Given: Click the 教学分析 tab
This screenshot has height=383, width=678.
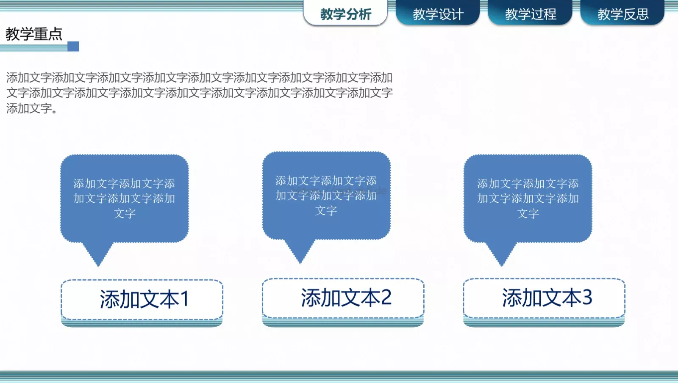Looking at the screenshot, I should coord(345,14).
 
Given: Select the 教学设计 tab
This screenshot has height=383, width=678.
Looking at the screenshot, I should coord(438,14).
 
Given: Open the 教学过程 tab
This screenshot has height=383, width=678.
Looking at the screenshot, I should coord(530,14).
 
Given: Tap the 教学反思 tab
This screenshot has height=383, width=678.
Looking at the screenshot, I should coord(622,14).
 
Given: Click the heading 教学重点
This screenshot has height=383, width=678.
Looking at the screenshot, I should coord(34,34).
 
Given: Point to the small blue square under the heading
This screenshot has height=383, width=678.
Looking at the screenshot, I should coord(73,46).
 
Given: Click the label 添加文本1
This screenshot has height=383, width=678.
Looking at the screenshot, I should coord(144,299).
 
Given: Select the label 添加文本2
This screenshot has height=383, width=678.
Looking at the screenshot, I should coord(346,298).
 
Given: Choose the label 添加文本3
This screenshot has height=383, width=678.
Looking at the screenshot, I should coord(547,298).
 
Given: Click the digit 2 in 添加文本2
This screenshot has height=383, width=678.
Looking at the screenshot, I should coord(386,298).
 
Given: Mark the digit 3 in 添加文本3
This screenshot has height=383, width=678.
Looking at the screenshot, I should coord(587,298).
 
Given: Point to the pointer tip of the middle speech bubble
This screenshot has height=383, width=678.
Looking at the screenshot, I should coord(300,262).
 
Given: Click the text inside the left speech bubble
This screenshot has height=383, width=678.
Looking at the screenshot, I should coord(124,198).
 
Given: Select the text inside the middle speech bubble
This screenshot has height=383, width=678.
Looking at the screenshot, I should coord(326,195).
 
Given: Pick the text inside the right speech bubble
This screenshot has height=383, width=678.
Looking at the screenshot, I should coord(528,198).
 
